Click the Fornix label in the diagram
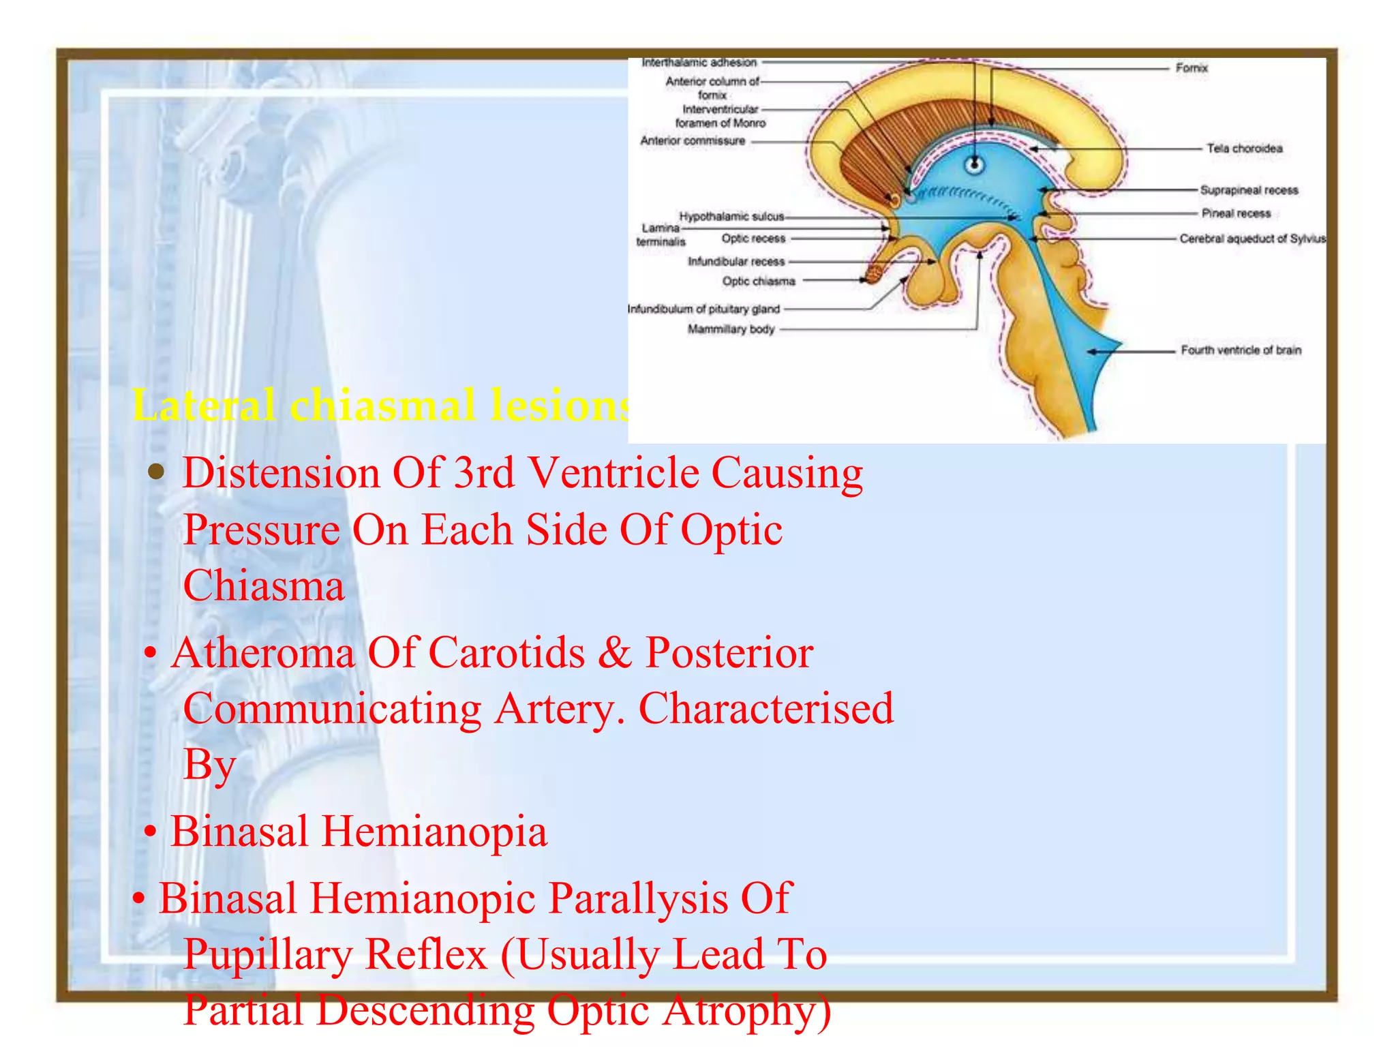[x=1191, y=68]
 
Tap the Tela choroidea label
[x=1244, y=149]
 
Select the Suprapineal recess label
[x=1249, y=190]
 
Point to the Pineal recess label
[x=1236, y=213]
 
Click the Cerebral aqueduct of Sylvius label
[x=1253, y=239]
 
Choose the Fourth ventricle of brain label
[x=1241, y=350]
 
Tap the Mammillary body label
[x=731, y=329]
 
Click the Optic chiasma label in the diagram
[x=759, y=281]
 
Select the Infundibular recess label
[x=736, y=261]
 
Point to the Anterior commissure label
[x=693, y=141]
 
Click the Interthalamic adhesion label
[x=699, y=63]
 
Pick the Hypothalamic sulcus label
[x=731, y=217]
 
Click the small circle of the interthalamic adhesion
[x=975, y=164]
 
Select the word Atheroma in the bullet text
[x=263, y=653]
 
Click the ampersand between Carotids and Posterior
[x=615, y=653]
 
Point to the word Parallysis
[x=638, y=898]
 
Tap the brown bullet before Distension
[x=157, y=472]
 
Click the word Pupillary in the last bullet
[x=268, y=954]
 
